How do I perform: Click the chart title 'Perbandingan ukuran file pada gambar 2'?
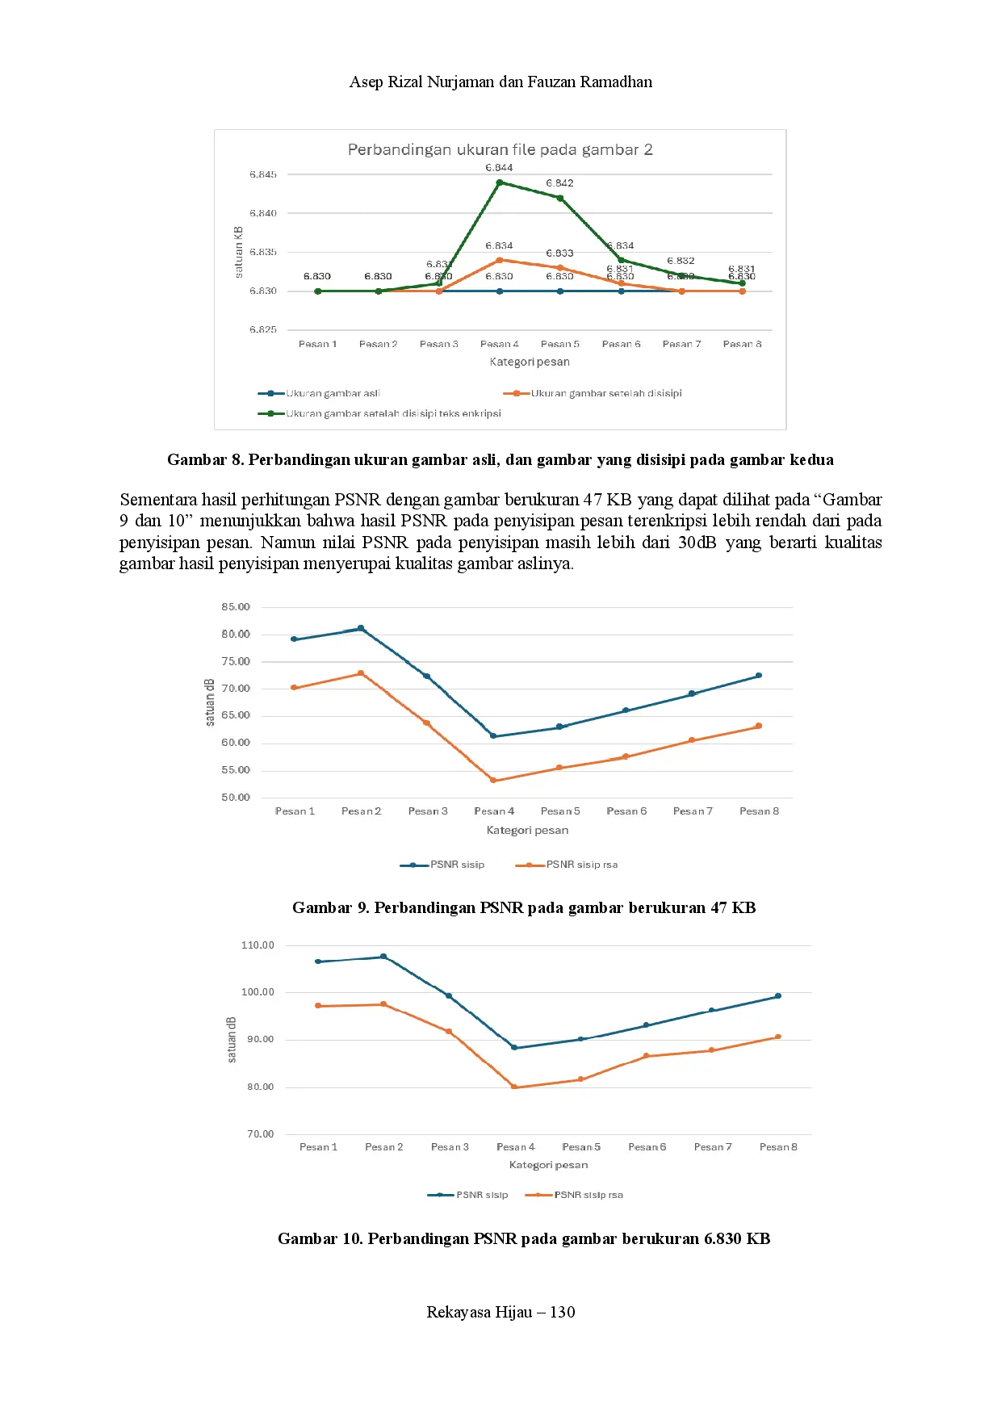click(x=500, y=149)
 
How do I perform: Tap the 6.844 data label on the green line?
click(x=499, y=168)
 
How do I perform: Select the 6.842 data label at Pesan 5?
click(x=559, y=183)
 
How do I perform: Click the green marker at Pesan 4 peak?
click(x=500, y=182)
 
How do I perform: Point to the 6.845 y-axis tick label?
click(x=263, y=174)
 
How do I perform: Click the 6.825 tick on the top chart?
click(x=263, y=329)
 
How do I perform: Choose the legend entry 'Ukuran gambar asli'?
click(x=332, y=393)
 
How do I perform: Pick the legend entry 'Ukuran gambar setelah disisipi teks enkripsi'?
click(x=392, y=413)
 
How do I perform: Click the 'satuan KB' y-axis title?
click(x=239, y=252)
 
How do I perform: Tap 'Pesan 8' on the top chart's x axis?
click(x=742, y=344)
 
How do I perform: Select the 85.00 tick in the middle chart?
click(x=236, y=607)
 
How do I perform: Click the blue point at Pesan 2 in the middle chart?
click(x=361, y=628)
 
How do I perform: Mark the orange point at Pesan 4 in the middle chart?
click(x=493, y=781)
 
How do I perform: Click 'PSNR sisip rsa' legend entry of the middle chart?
click(x=581, y=865)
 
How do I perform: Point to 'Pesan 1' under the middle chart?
click(x=295, y=811)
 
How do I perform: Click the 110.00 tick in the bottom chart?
click(x=258, y=945)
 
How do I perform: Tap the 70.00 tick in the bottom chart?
click(x=260, y=1134)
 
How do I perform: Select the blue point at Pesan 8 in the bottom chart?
click(x=778, y=996)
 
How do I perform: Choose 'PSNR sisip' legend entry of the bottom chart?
click(x=481, y=1195)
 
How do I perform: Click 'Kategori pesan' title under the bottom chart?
click(x=548, y=1165)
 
